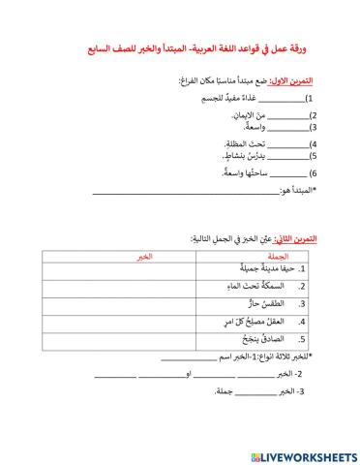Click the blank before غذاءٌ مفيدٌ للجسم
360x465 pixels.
tap(282, 100)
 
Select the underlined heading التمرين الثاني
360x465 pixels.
tap(301, 237)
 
